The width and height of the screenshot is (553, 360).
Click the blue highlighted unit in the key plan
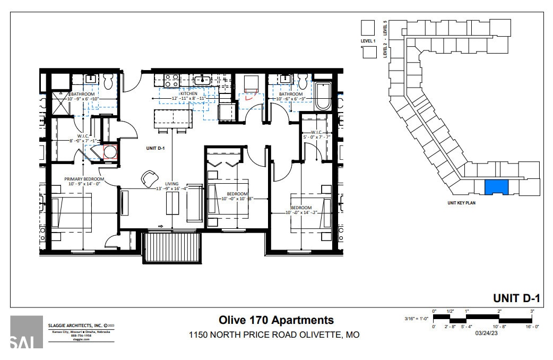pyautogui.click(x=497, y=187)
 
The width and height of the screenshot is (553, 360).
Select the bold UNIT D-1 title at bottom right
pyautogui.click(x=516, y=298)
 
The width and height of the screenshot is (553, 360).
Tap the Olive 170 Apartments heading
pyautogui.click(x=276, y=320)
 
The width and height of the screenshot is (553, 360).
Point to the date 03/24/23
pyautogui.click(x=487, y=333)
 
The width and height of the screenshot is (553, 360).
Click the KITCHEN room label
pyautogui.click(x=188, y=93)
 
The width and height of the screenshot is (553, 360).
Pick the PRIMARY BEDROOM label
pyautogui.click(x=84, y=179)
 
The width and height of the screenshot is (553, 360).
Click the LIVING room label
pyautogui.click(x=172, y=184)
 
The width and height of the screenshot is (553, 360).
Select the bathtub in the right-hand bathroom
pyautogui.click(x=323, y=96)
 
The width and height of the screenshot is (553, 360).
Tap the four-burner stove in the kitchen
pyautogui.click(x=171, y=81)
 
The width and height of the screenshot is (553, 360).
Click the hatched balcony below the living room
pyautogui.click(x=172, y=247)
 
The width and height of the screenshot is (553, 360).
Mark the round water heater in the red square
pyautogui.click(x=110, y=152)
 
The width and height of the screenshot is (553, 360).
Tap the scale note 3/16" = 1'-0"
pyautogui.click(x=416, y=319)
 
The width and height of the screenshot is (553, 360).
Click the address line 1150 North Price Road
pyautogui.click(x=274, y=335)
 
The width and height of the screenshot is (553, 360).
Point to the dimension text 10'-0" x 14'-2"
pyautogui.click(x=301, y=213)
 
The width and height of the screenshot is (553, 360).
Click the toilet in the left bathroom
pyautogui.click(x=109, y=81)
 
